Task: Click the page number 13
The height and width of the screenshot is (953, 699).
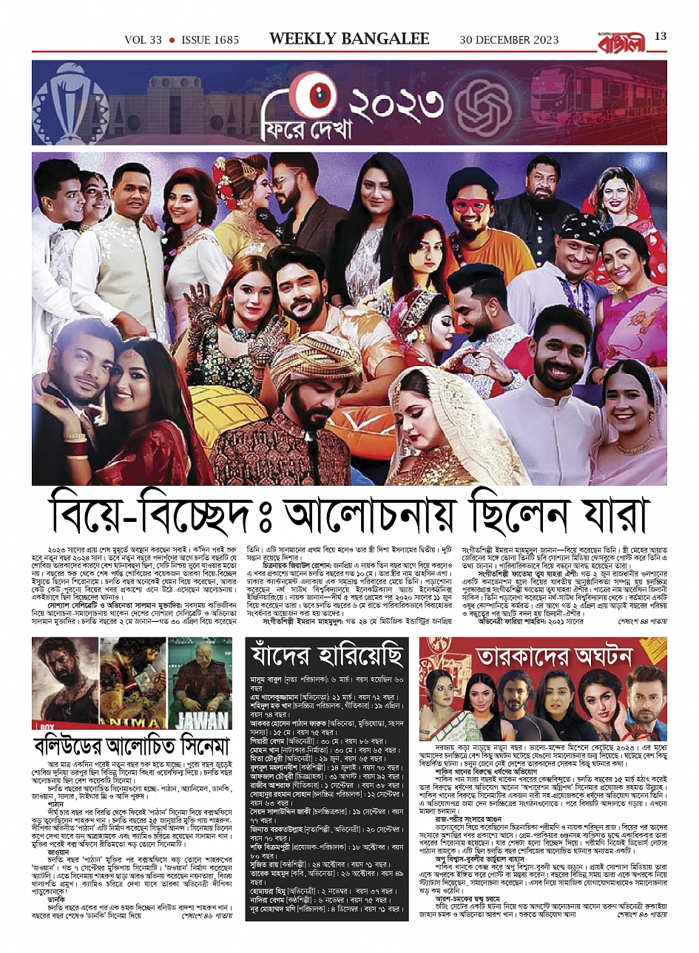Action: [x=661, y=37]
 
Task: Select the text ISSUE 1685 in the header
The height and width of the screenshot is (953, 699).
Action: [x=209, y=40]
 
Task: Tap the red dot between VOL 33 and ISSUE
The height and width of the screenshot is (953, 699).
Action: [x=172, y=40]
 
